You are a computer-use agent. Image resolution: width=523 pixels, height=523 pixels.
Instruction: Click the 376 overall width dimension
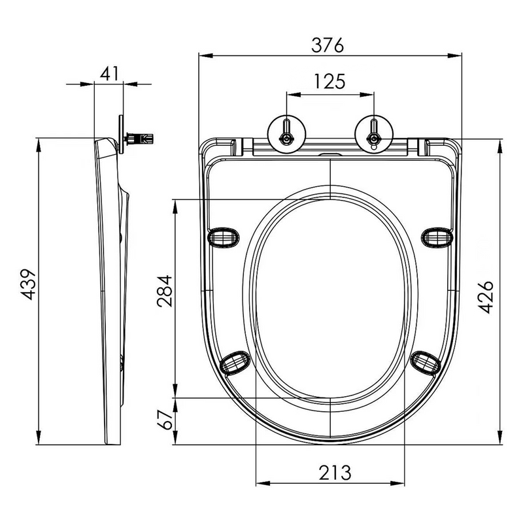click(x=330, y=45)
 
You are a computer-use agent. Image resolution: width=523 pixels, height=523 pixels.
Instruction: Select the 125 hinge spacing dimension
click(x=330, y=82)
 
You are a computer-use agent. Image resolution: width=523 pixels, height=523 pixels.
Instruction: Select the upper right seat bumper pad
click(x=437, y=236)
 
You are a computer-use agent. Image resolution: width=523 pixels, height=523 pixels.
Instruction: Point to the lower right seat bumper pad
click(x=426, y=361)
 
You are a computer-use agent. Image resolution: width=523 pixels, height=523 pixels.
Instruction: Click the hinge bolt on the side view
click(x=140, y=139)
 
